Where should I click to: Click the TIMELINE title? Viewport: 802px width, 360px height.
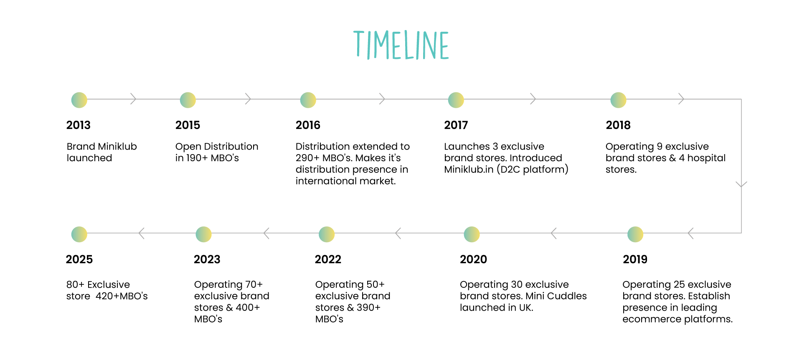pyautogui.click(x=401, y=45)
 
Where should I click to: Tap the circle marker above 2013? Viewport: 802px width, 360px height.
pyautogui.click(x=79, y=100)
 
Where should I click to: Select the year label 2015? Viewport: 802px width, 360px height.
pyautogui.click(x=188, y=125)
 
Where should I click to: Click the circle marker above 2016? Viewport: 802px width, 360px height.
pyautogui.click(x=308, y=100)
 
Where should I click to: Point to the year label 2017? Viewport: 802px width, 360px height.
pyautogui.click(x=456, y=125)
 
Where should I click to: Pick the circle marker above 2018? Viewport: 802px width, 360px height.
pyautogui.click(x=619, y=100)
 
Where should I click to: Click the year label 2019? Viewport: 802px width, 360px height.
pyautogui.click(x=635, y=259)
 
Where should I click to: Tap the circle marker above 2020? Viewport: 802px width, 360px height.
pyautogui.click(x=472, y=234)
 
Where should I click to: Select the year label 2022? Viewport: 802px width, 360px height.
pyautogui.click(x=328, y=259)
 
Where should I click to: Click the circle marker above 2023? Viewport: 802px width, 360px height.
pyautogui.click(x=204, y=234)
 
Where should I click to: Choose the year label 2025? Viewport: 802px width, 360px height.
pyautogui.click(x=79, y=259)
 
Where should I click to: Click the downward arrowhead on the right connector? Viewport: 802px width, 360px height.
pyautogui.click(x=741, y=184)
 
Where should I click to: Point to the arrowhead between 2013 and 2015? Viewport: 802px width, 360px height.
pyautogui.click(x=134, y=99)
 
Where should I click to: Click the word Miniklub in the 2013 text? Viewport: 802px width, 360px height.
pyautogui.click(x=119, y=147)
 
